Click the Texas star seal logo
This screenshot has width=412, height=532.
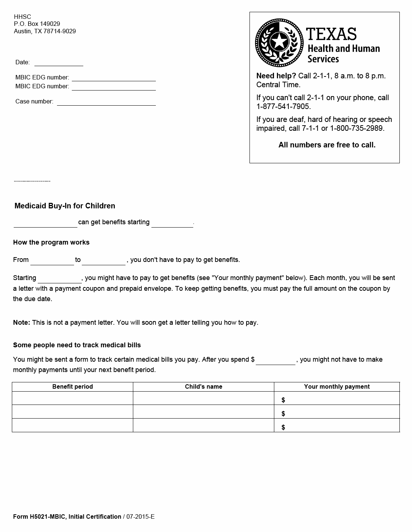pyautogui.click(x=278, y=42)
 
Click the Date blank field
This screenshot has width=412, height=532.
pyautogui.click(x=58, y=62)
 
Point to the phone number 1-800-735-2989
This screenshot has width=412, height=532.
pyautogui.click(x=357, y=129)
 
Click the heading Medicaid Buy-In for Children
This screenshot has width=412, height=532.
pyautogui.click(x=65, y=206)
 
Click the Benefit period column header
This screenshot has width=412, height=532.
pyautogui.click(x=73, y=387)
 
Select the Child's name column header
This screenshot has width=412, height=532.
pyautogui.click(x=204, y=387)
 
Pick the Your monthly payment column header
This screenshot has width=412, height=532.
pyautogui.click(x=337, y=387)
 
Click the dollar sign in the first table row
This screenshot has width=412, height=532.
pyautogui.click(x=283, y=400)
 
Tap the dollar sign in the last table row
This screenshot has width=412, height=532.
pyautogui.click(x=283, y=427)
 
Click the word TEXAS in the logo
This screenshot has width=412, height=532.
pyautogui.click(x=331, y=34)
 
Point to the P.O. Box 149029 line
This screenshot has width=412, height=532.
pyautogui.click(x=37, y=24)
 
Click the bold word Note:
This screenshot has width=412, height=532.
pyautogui.click(x=21, y=323)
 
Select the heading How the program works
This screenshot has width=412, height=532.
pyautogui.click(x=51, y=242)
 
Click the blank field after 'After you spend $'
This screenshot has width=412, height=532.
pyautogui.click(x=275, y=361)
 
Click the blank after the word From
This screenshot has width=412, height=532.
pyautogui.click(x=52, y=261)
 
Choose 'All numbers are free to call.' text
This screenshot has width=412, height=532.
pyautogui.click(x=327, y=145)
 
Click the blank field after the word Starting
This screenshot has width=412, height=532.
pyautogui.click(x=60, y=279)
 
